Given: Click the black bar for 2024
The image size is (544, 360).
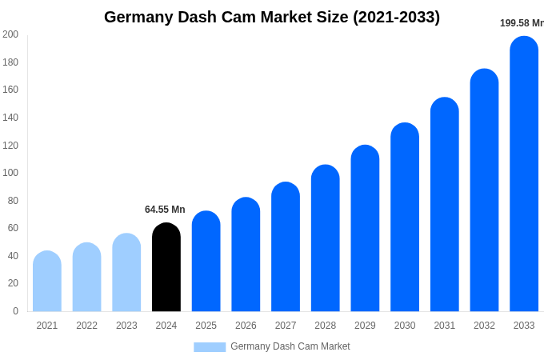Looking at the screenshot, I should click(166, 267).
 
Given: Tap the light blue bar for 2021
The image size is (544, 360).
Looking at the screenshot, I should click(47, 281).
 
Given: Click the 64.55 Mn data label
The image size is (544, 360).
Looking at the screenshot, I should click(165, 210).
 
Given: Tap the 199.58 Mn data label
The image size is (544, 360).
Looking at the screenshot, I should click(522, 23).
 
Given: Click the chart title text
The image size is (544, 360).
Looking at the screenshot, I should click(272, 17).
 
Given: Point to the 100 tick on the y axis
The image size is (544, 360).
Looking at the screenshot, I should click(10, 173).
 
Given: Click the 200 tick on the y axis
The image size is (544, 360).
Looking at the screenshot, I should click(10, 34).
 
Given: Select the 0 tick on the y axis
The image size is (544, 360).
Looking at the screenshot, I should click(15, 311).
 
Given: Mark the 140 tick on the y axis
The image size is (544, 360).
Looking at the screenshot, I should click(10, 118).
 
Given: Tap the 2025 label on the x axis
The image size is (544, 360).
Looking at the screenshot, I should click(206, 326).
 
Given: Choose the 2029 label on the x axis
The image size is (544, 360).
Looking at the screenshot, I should click(365, 326).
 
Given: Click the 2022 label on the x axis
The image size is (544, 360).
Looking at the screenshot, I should click(86, 326).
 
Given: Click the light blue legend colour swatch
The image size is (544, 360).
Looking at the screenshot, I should click(210, 347).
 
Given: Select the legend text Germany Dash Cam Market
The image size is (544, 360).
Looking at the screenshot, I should click(290, 346).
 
